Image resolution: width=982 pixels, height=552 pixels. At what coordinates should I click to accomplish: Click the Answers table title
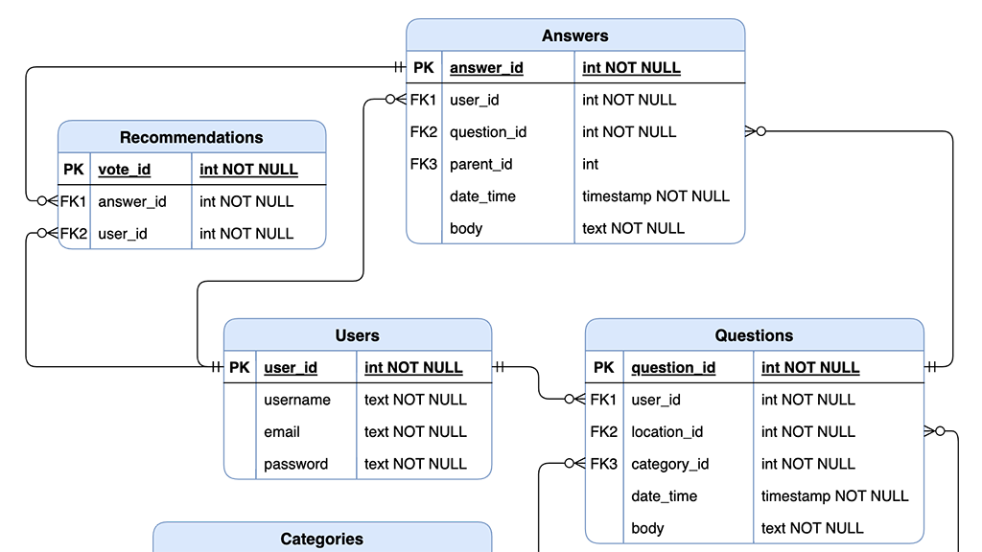click(x=574, y=36)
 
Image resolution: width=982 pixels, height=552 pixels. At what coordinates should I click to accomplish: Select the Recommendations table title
click(x=191, y=138)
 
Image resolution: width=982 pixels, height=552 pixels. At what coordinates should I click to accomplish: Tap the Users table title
click(x=357, y=336)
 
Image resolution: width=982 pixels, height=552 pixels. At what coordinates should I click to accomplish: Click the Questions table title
click(x=754, y=336)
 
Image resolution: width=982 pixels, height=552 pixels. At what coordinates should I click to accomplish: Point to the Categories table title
click(x=321, y=540)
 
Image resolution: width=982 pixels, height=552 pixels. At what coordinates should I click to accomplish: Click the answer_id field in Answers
click(x=486, y=68)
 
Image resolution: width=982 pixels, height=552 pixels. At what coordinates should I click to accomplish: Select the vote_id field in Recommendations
click(x=125, y=170)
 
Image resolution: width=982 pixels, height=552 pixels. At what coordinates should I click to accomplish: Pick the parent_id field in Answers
click(x=481, y=165)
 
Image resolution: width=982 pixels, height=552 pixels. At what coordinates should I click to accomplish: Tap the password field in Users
click(x=295, y=465)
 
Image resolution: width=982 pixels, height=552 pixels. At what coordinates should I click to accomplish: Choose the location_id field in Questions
click(x=666, y=432)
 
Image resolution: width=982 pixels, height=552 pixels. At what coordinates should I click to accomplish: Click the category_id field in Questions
click(x=669, y=465)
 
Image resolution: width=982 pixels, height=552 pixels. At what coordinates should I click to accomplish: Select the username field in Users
click(x=297, y=401)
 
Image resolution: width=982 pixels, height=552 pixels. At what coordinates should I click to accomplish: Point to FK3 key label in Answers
click(x=423, y=165)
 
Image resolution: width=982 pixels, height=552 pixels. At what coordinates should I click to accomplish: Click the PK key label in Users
click(x=239, y=368)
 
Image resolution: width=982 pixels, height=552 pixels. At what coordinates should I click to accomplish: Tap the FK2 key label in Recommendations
click(x=73, y=234)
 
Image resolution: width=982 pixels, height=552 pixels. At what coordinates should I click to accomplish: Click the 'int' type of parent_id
click(x=590, y=165)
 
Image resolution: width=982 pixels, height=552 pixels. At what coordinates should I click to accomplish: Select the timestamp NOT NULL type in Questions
click(x=834, y=496)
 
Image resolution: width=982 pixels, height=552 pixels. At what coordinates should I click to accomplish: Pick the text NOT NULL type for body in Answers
click(x=633, y=229)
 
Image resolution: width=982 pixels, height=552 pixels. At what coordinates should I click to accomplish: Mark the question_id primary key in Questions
click(x=673, y=368)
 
